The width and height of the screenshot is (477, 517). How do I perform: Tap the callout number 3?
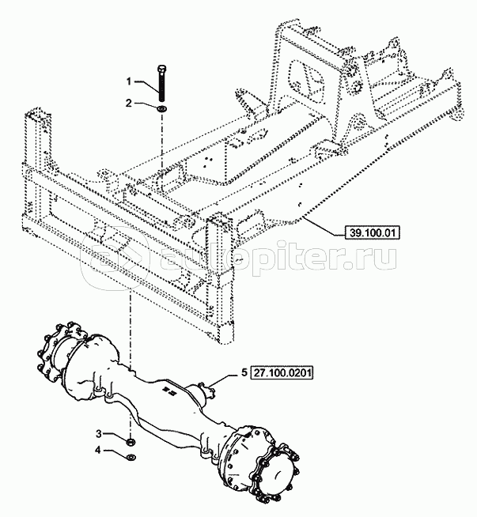pyautogui.click(x=99, y=433)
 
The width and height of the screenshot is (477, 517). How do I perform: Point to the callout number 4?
pyautogui.click(x=99, y=451)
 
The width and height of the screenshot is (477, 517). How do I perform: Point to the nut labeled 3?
pyautogui.click(x=130, y=439)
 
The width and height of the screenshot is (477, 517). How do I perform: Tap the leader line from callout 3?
pyautogui.click(x=114, y=436)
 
